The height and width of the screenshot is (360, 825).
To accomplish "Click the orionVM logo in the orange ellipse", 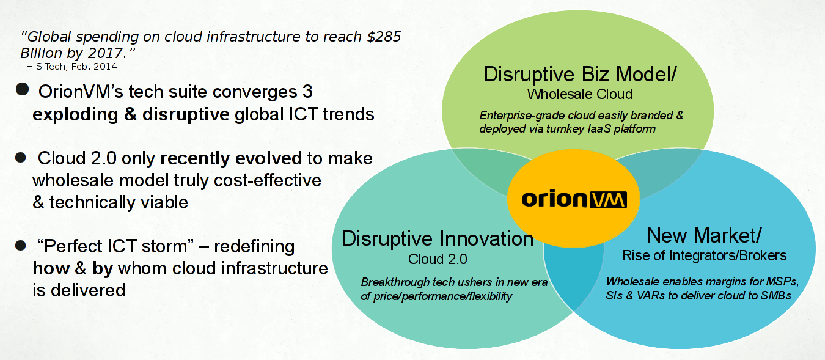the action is point(574,199).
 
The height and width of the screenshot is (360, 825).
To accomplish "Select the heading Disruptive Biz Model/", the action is point(580,74).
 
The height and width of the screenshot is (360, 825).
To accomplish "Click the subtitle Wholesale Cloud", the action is point(580,94).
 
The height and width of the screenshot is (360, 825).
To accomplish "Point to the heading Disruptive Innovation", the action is point(438,238).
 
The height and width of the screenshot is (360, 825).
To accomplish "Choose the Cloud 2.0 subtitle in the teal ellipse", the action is point(438,259).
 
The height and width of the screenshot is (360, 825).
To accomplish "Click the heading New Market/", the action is point(704,235).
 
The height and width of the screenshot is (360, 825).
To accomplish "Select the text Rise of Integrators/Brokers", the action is point(704,255).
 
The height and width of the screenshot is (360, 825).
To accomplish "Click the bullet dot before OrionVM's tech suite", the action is point(23,89).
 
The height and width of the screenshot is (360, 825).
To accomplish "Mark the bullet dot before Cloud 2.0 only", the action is point(21,158).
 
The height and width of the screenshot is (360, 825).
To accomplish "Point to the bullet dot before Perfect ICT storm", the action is point(21,246).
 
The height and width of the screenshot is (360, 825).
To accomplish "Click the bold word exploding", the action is point(76,114).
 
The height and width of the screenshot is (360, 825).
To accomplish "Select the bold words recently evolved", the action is point(231,158).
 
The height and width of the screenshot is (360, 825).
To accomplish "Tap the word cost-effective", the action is point(268,180).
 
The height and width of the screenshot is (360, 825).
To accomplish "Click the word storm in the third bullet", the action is point(164,246).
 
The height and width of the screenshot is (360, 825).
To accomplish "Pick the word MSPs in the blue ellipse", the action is point(782,282).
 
